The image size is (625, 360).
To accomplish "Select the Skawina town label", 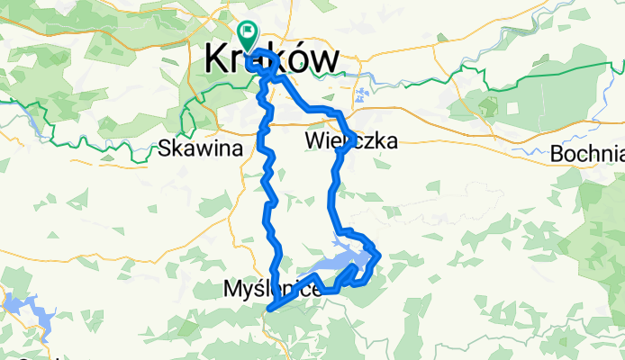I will pyautogui.click(x=199, y=149).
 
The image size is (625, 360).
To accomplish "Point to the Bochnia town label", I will pyautogui.click(x=587, y=152).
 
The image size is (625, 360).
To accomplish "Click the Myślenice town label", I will pyautogui.click(x=270, y=289).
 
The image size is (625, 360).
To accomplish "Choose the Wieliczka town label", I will pyautogui.click(x=350, y=140).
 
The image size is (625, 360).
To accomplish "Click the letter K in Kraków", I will pyautogui.click(x=216, y=59).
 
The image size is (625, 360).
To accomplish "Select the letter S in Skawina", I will pyautogui.click(x=163, y=149).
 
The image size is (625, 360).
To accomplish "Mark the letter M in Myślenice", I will pyautogui.click(x=231, y=289).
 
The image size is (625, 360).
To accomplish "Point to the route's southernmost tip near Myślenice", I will pyautogui.click(x=268, y=310).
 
